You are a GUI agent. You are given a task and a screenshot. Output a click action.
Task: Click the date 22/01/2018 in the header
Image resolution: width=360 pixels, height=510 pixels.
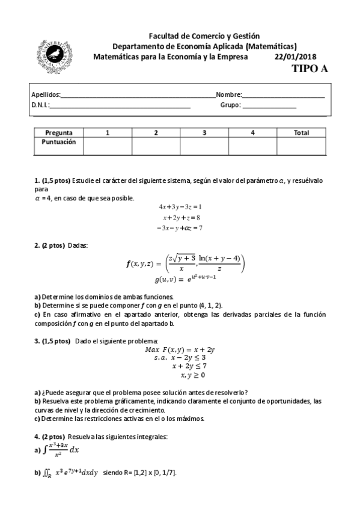click(x=296, y=57)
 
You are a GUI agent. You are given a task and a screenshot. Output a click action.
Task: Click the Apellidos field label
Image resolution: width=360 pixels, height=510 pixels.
click(x=46, y=94)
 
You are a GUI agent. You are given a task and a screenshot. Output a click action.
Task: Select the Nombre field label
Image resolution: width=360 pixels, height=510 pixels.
click(x=228, y=94)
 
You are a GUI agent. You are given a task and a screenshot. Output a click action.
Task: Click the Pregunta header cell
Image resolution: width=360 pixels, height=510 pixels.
click(x=59, y=132)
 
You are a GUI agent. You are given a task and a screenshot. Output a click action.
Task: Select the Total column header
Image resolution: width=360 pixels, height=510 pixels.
click(x=301, y=132)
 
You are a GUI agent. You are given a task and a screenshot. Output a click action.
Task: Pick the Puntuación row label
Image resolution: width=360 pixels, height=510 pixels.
click(x=59, y=143)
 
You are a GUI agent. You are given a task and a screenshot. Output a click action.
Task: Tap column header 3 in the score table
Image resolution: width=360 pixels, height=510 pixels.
click(x=204, y=132)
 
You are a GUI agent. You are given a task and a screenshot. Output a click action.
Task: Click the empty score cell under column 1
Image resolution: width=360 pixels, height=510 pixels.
click(x=107, y=146)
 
